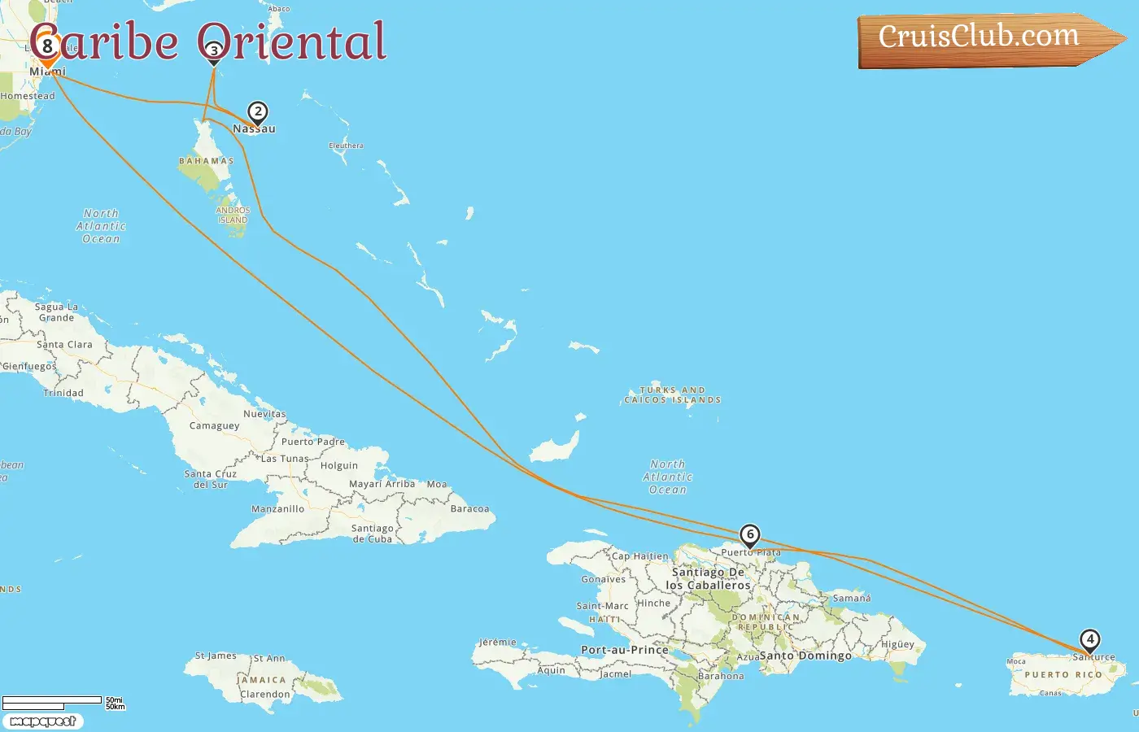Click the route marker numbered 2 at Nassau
point(258,112)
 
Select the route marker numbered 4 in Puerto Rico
point(1090,640)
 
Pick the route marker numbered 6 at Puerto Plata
point(750,535)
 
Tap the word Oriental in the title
point(292,41)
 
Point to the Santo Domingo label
point(805,656)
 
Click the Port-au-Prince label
point(625,650)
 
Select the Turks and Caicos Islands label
point(673,395)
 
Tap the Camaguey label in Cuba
point(215,425)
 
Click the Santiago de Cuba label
point(373,534)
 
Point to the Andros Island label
point(233,215)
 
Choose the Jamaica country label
point(262,680)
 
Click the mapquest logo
point(42,721)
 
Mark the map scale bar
point(54,701)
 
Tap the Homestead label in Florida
point(28,96)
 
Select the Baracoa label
point(469,509)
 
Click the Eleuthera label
point(347,146)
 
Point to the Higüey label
point(898,644)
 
